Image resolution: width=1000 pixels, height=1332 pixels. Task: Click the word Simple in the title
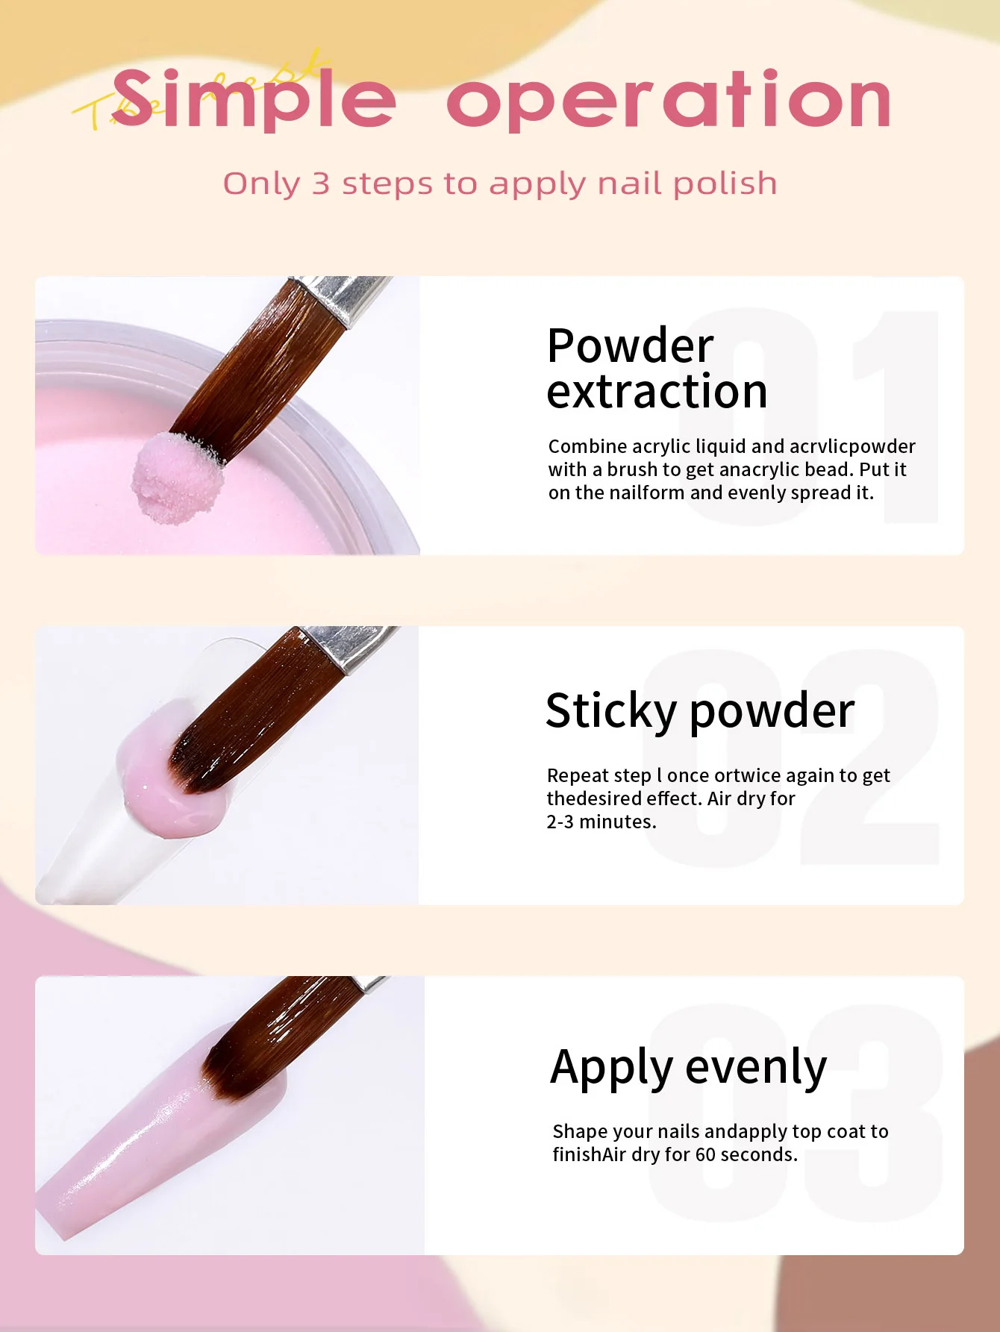(254, 101)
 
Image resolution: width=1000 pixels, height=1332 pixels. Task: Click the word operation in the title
(669, 101)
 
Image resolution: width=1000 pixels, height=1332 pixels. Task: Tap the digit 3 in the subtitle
(321, 184)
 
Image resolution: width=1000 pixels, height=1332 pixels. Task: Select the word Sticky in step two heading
(610, 710)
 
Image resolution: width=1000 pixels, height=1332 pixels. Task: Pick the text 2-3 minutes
(601, 822)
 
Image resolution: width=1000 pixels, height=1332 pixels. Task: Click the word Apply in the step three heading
(612, 1068)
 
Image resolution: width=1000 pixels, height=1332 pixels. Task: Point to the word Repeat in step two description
(578, 776)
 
